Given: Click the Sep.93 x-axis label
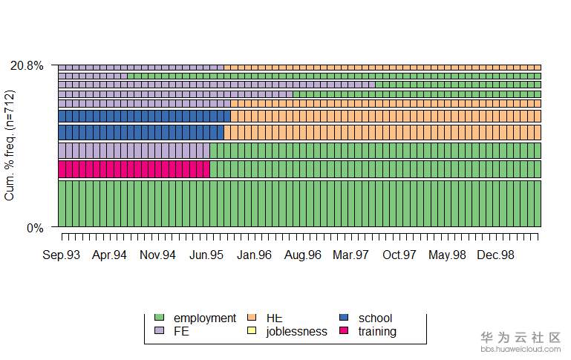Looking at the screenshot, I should pyautogui.click(x=62, y=255).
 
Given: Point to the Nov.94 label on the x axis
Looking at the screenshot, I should pyautogui.click(x=158, y=255).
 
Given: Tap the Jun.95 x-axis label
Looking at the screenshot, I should pyautogui.click(x=206, y=255).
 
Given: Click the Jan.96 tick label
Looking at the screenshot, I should pyautogui.click(x=255, y=255).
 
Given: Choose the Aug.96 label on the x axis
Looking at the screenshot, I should pyautogui.click(x=303, y=255).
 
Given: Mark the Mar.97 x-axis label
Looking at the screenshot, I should pyautogui.click(x=351, y=255).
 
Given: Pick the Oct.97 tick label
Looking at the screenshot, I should pyautogui.click(x=399, y=255).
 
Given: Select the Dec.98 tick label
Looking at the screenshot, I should pyautogui.click(x=496, y=255).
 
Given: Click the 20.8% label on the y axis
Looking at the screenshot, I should pyautogui.click(x=27, y=66).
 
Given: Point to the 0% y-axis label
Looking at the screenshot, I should pyautogui.click(x=36, y=228).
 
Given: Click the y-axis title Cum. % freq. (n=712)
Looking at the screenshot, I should pyautogui.click(x=10, y=146).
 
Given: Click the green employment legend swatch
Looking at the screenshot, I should pyautogui.click(x=157, y=318).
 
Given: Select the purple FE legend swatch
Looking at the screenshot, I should pyautogui.click(x=157, y=331).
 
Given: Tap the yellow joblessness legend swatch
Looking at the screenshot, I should pyautogui.click(x=250, y=331).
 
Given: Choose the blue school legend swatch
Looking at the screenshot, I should pyautogui.click(x=343, y=318).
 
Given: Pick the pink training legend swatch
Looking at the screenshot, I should pyautogui.click(x=343, y=331).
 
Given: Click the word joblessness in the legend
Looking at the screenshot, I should pyautogui.click(x=296, y=332).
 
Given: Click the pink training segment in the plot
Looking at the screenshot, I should pyautogui.click(x=134, y=169).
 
